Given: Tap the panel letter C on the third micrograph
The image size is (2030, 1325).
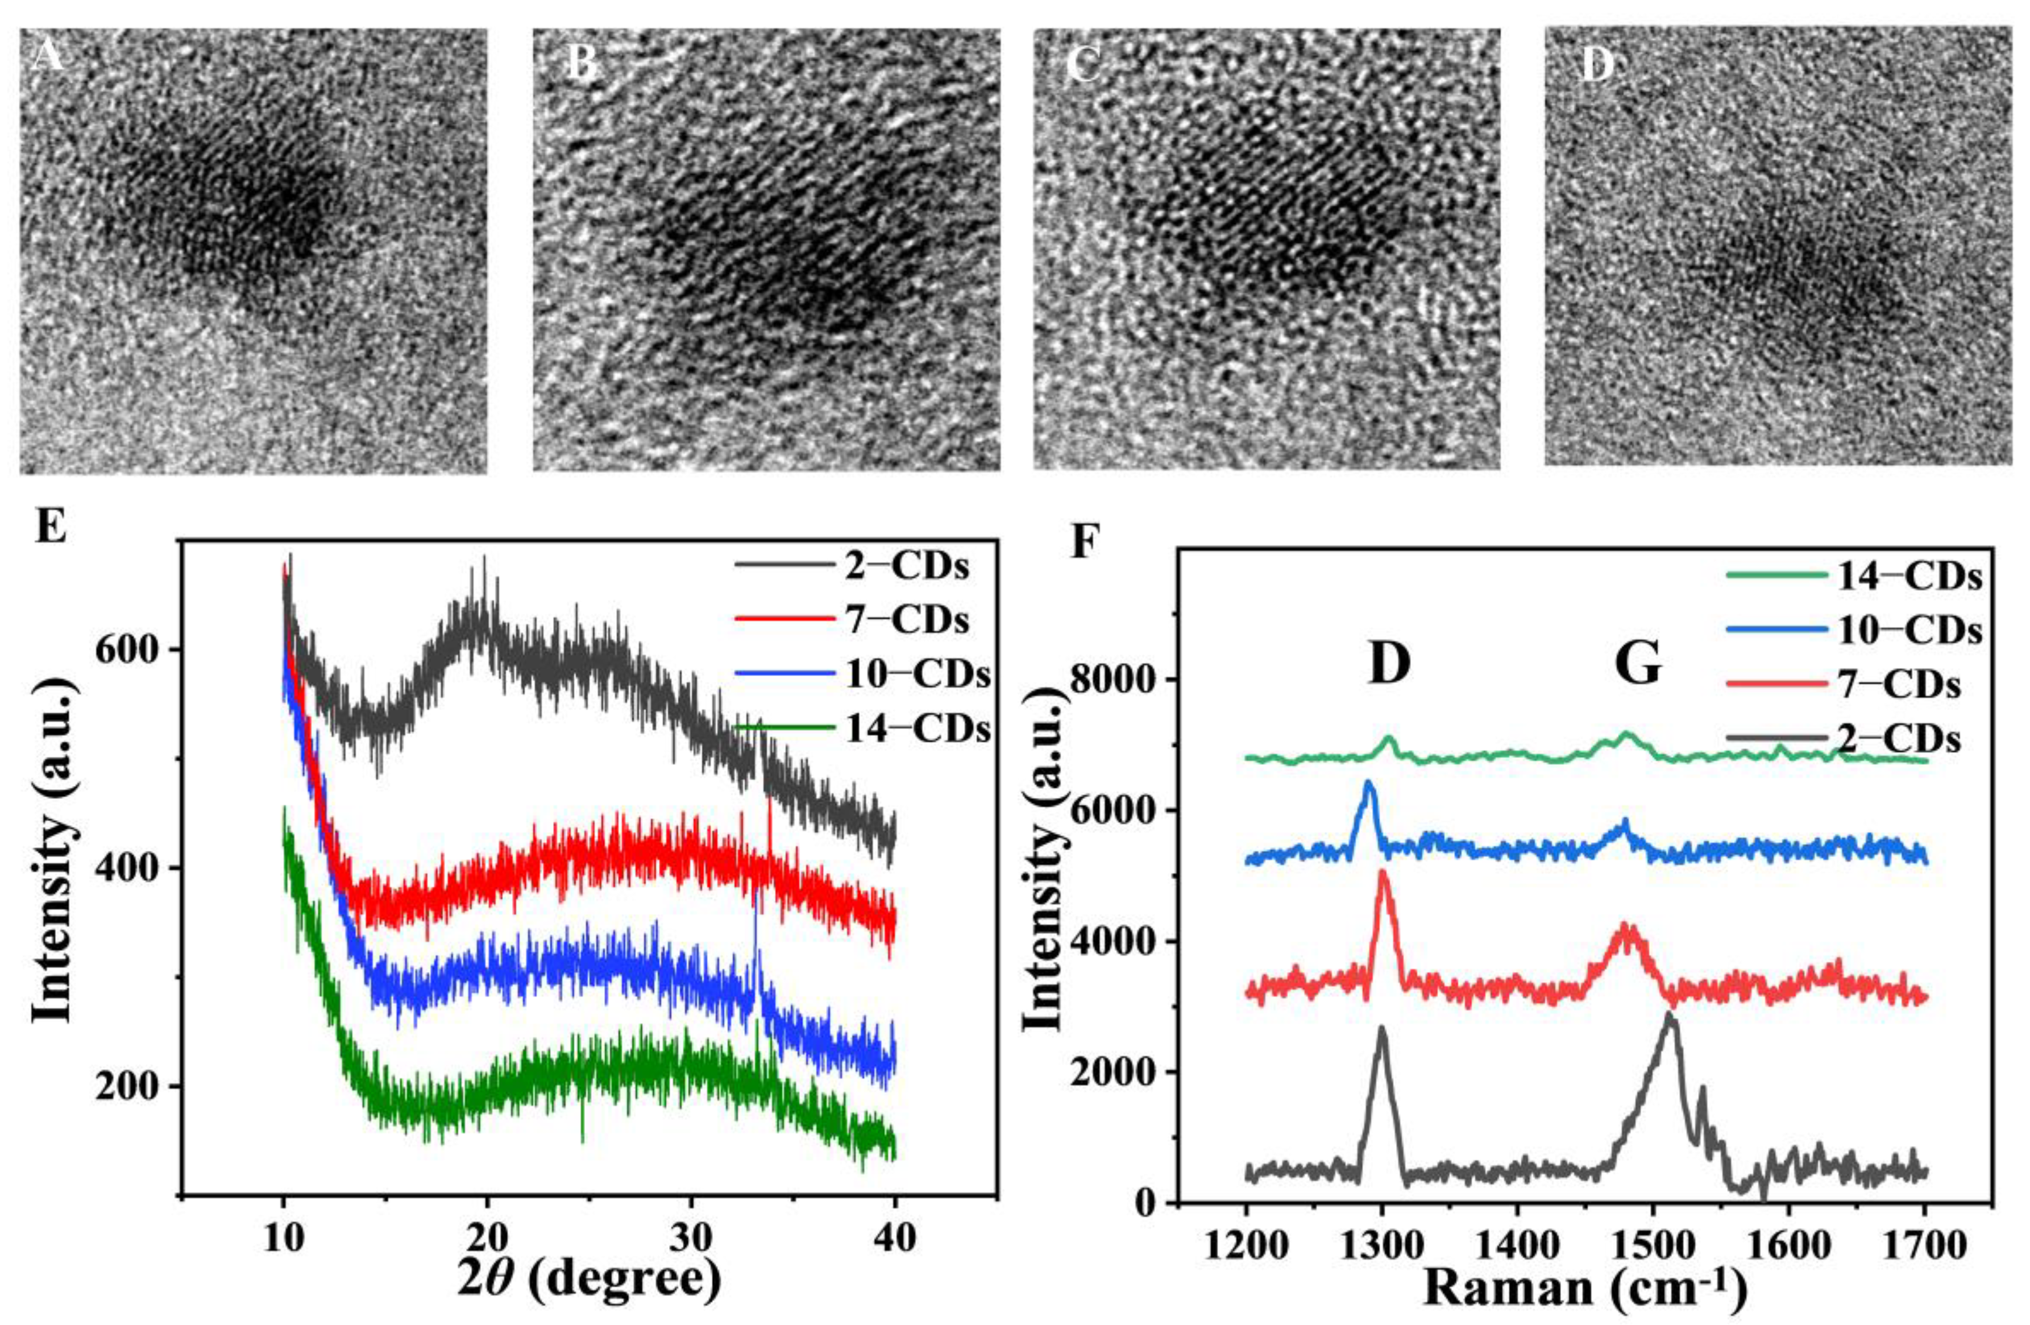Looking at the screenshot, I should click(x=1084, y=65).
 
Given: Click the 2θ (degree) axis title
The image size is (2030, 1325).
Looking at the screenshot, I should click(x=588, y=1280).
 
